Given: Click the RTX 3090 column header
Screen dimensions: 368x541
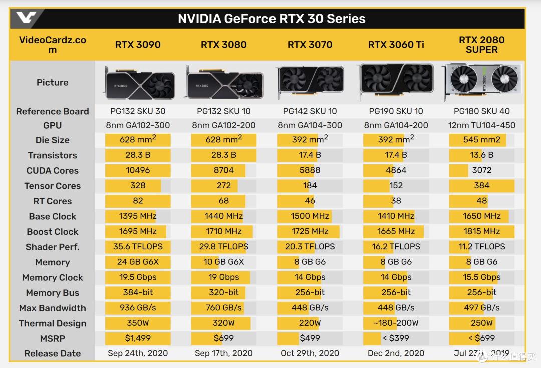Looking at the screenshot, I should pyautogui.click(x=138, y=45).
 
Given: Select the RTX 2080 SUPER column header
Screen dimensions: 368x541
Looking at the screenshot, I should pyautogui.click(x=481, y=45).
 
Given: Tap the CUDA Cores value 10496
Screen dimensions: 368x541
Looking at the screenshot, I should pyautogui.click(x=138, y=170).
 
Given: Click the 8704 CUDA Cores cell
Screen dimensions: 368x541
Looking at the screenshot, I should pyautogui.click(x=224, y=170).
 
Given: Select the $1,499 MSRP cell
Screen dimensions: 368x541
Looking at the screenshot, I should pyautogui.click(x=138, y=338).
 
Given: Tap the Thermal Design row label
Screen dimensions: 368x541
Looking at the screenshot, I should pyautogui.click(x=53, y=323).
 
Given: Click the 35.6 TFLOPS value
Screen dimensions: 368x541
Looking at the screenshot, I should pyautogui.click(x=138, y=247).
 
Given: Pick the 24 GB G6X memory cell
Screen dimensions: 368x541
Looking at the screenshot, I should pyautogui.click(x=138, y=262).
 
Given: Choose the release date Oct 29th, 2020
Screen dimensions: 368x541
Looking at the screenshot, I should pyautogui.click(x=310, y=353).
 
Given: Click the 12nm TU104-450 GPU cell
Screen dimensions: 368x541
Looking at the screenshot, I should pyautogui.click(x=481, y=125).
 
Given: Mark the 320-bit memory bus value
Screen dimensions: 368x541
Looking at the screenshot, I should pyautogui.click(x=224, y=293).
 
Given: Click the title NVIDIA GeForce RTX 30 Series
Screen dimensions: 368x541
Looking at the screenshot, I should pyautogui.click(x=272, y=19).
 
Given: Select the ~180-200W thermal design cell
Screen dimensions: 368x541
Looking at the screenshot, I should pyautogui.click(x=396, y=323).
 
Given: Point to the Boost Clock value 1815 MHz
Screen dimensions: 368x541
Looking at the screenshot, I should pyautogui.click(x=481, y=232).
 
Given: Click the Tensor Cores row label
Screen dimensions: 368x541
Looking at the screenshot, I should pyautogui.click(x=53, y=186).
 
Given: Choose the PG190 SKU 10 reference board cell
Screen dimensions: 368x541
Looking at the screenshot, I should pyautogui.click(x=396, y=111).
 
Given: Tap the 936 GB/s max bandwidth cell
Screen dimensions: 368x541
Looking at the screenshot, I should pyautogui.click(x=138, y=308).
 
